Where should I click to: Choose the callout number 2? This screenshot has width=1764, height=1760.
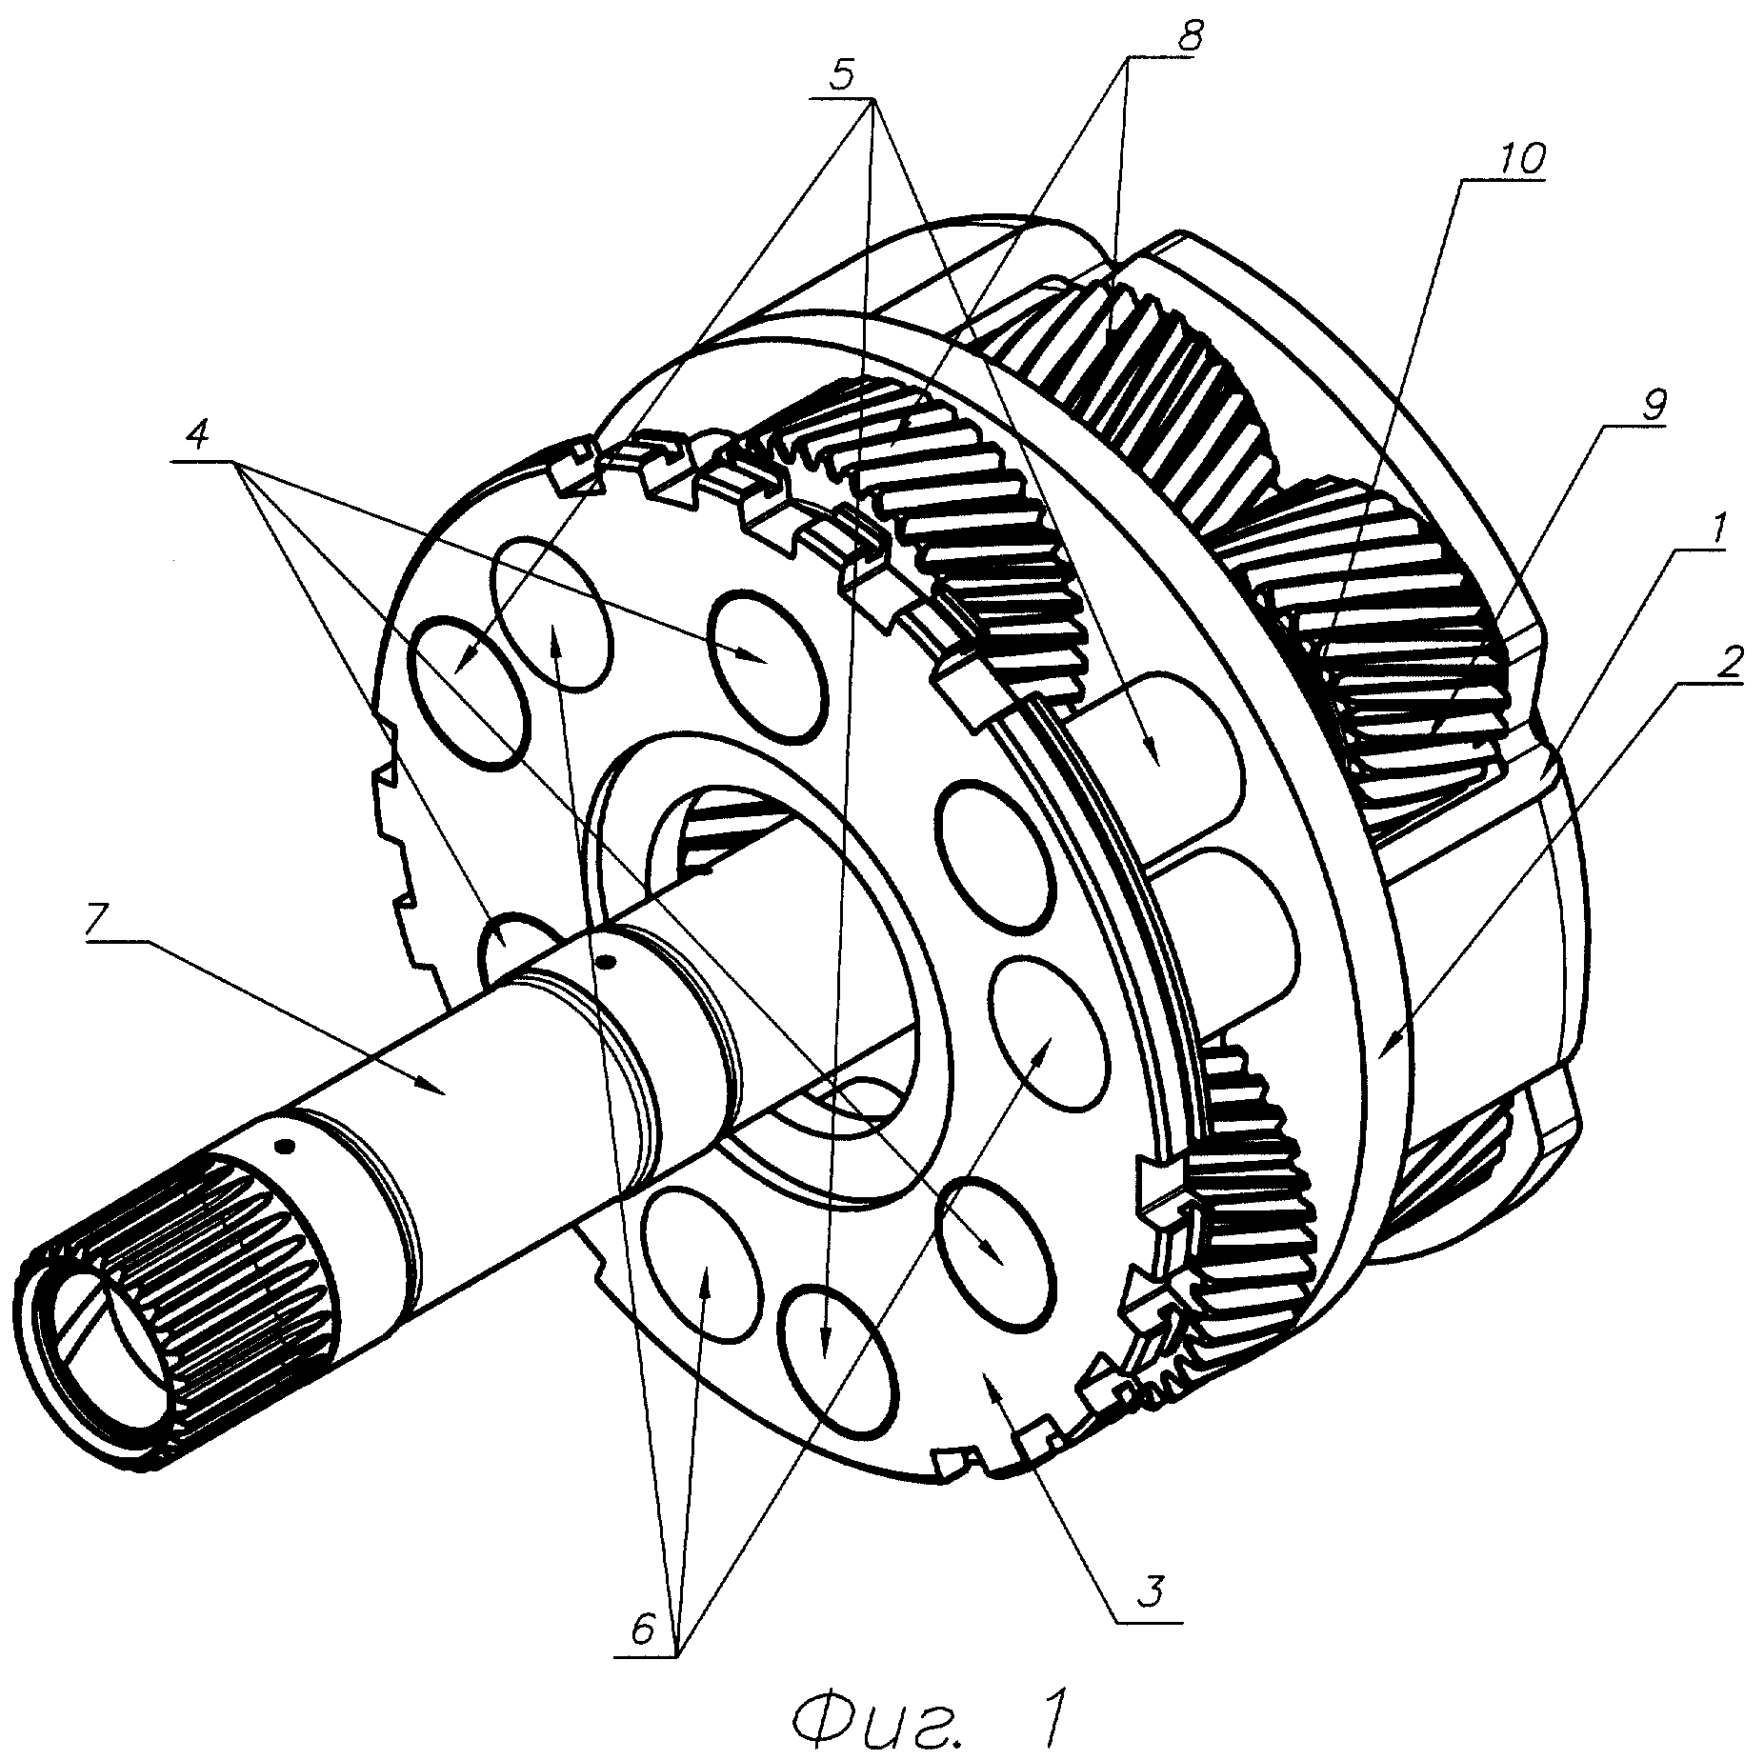tap(1725, 655)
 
